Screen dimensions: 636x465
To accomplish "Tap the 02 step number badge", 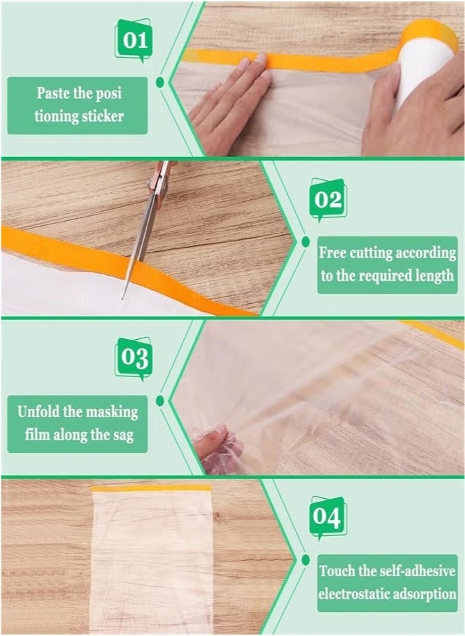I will pyautogui.click(x=328, y=201).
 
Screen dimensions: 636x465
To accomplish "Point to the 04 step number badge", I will pyautogui.click(x=327, y=518).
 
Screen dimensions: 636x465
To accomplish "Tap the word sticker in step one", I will pyautogui.click(x=101, y=116).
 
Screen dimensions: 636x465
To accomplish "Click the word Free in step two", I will pyautogui.click(x=335, y=253).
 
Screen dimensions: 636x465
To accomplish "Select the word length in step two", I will pyautogui.click(x=435, y=276).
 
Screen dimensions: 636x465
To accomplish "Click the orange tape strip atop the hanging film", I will pyautogui.click(x=151, y=487).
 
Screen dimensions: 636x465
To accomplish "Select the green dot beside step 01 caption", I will pyautogui.click(x=160, y=83).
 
